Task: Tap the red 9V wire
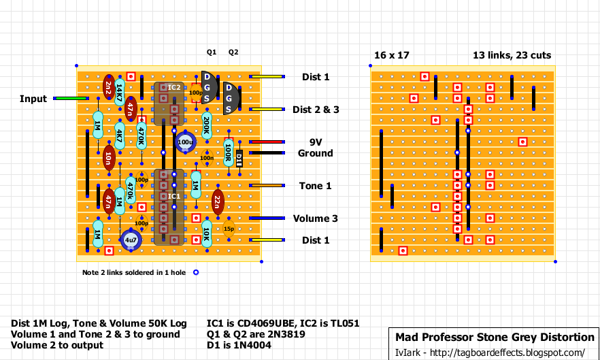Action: (x=265, y=142)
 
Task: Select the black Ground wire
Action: (x=265, y=153)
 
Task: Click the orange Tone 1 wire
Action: (x=266, y=186)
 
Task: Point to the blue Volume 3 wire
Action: (x=266, y=218)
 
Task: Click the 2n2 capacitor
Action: (x=108, y=86)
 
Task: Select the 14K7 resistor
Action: (x=119, y=90)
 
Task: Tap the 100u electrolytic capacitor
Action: (x=185, y=142)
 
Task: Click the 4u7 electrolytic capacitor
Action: (x=130, y=240)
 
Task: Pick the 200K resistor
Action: (x=206, y=125)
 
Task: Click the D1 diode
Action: (x=239, y=159)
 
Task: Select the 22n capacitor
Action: (x=217, y=201)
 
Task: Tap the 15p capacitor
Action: (x=229, y=229)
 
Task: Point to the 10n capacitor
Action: (x=108, y=159)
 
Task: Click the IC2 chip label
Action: (x=173, y=88)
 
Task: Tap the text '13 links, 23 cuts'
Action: (x=512, y=55)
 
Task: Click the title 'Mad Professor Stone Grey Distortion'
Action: (x=495, y=338)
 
